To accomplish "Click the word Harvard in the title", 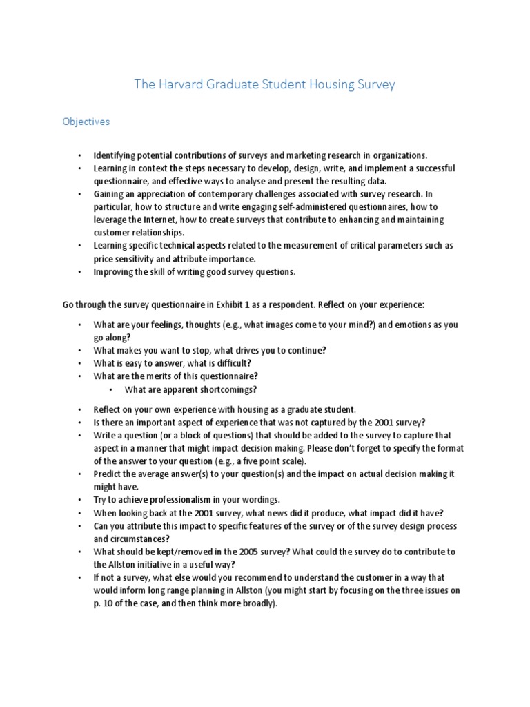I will point(184,85).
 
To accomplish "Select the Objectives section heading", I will point(86,122).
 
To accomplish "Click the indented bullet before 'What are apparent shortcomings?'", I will point(111,389).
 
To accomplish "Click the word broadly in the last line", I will point(259,603).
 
